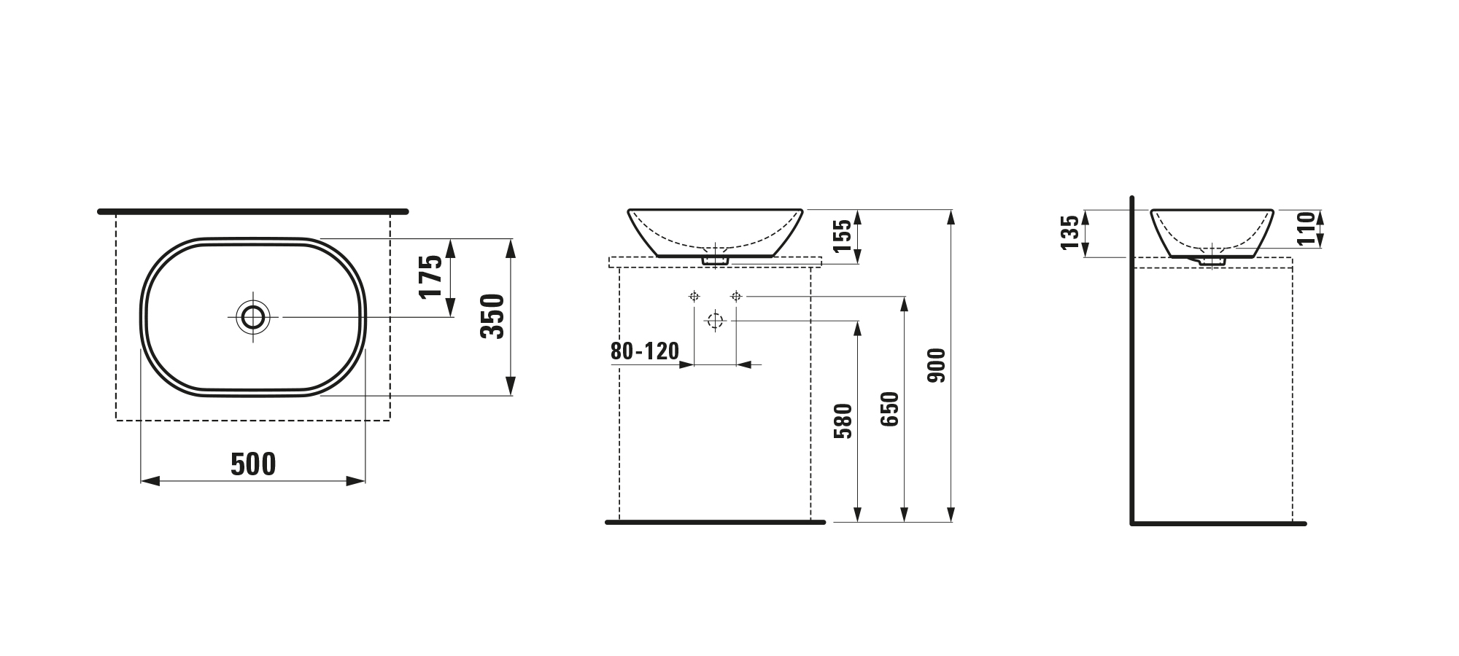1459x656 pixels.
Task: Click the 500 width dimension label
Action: (253, 464)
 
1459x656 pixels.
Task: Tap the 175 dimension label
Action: (430, 276)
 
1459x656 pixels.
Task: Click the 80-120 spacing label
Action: (645, 351)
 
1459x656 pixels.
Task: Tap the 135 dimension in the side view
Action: (1070, 233)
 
